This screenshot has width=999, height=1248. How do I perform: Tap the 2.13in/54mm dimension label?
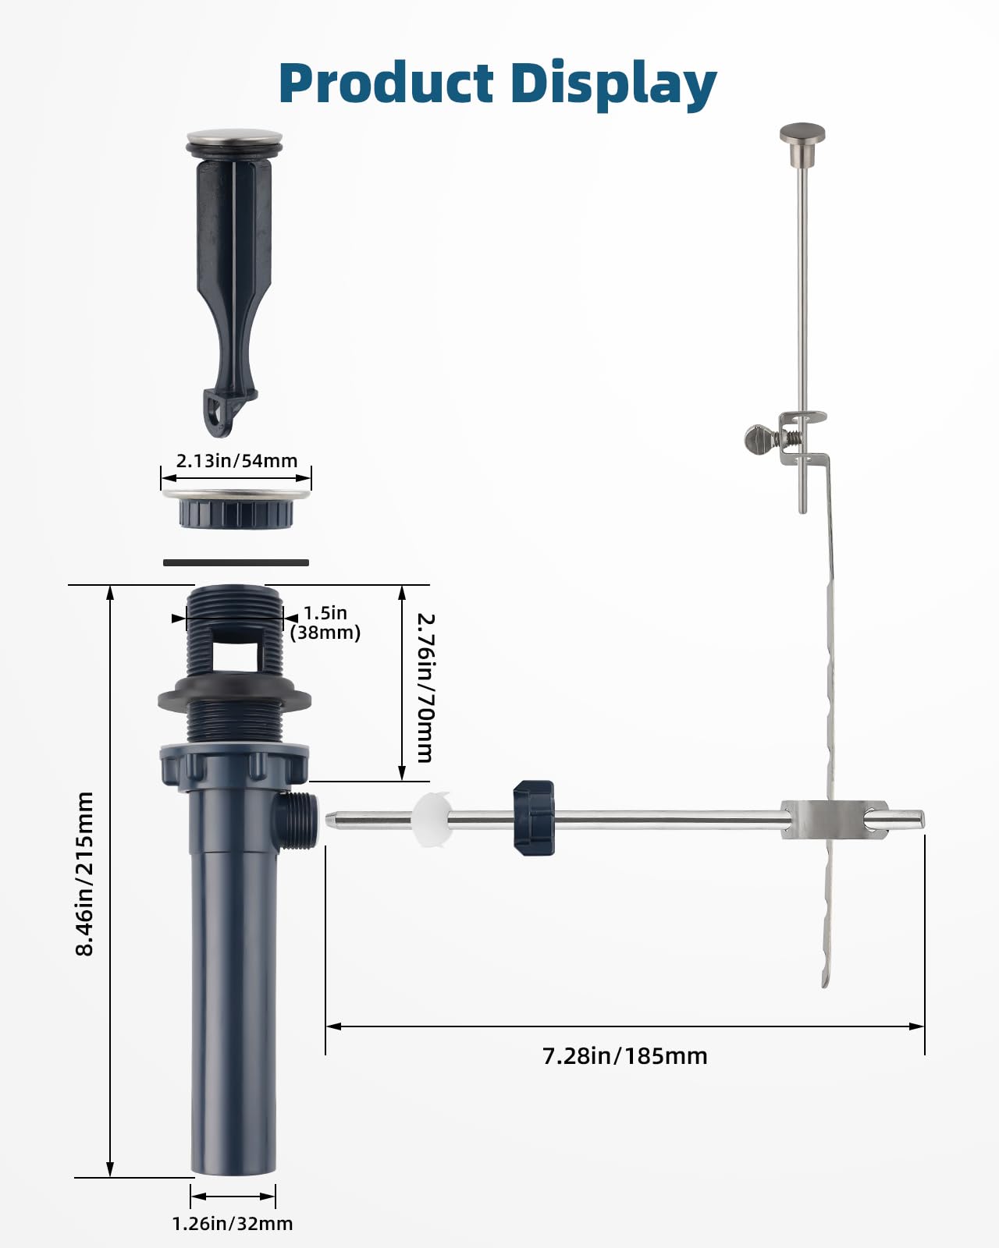point(236,461)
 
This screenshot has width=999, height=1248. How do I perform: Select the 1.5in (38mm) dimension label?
point(325,622)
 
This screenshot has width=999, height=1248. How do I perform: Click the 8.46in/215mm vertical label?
point(85,874)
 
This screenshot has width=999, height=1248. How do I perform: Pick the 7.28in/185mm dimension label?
point(625,1056)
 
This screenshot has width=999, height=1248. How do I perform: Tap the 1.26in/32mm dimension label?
point(233,1224)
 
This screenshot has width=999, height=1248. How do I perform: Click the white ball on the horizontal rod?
point(432,820)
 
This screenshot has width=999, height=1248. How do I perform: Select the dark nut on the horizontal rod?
point(534,818)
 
